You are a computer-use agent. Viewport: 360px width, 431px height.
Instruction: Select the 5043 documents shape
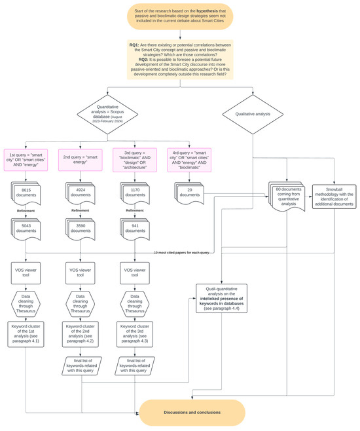point(27,229)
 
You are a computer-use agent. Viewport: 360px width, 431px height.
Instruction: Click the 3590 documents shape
point(81,229)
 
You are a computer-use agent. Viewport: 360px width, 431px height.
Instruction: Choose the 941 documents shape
point(135,229)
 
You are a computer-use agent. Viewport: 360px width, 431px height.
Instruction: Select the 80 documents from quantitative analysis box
point(286,195)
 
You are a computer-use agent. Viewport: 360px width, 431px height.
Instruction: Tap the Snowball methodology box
point(334,195)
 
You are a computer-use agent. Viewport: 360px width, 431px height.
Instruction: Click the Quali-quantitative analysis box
point(234,298)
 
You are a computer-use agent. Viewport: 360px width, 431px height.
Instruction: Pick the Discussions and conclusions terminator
point(192,412)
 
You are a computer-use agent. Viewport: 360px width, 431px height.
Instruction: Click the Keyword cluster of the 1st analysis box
point(27,333)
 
